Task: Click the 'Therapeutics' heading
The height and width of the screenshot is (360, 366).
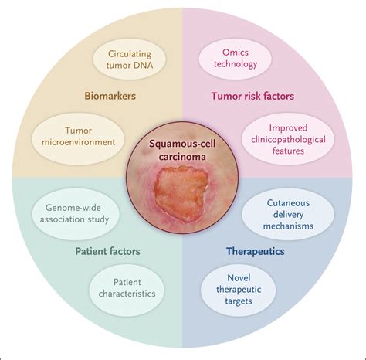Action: [255, 251]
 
